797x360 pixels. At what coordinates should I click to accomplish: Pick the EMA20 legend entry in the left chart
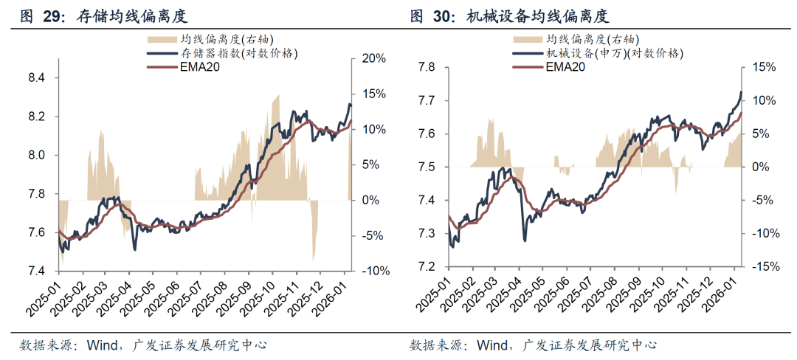(200, 67)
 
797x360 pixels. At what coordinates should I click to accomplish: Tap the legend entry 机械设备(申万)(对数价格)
(615, 53)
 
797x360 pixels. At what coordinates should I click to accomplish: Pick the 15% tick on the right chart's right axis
(765, 68)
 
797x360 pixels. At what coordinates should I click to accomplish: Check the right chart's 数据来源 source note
(435, 345)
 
